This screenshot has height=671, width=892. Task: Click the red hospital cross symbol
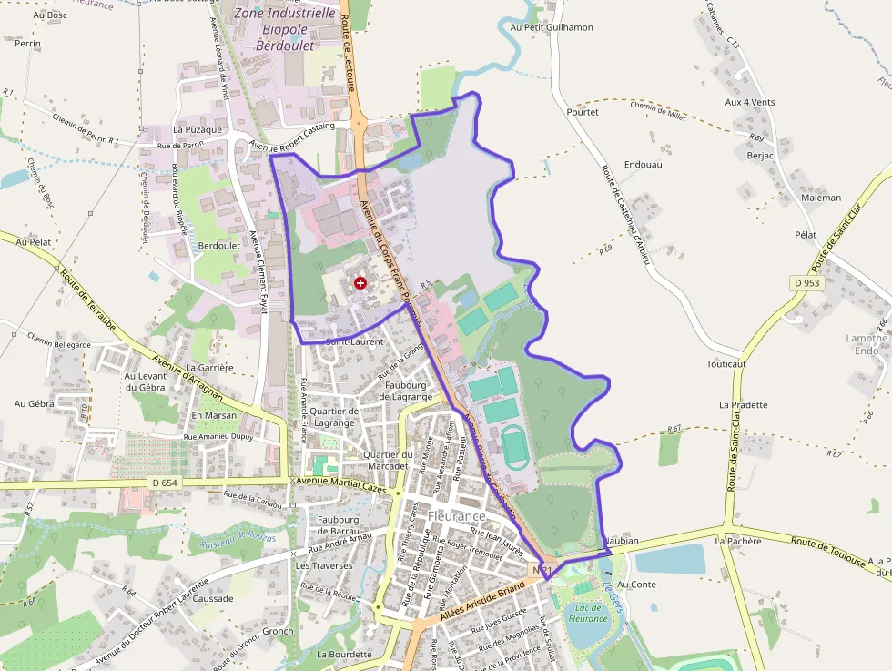coord(360,283)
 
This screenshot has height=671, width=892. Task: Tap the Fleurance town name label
coord(457,516)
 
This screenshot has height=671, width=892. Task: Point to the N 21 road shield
coord(542,570)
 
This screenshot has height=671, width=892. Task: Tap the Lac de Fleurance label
coord(588,613)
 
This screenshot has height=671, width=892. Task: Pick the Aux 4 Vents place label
coord(749,102)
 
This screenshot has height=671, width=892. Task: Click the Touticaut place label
coord(725,363)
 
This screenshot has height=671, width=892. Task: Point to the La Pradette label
coord(743,404)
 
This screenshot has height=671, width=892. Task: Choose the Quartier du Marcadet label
coord(390,460)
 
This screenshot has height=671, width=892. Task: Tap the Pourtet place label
coord(583,112)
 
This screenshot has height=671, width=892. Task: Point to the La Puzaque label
coord(198,129)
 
